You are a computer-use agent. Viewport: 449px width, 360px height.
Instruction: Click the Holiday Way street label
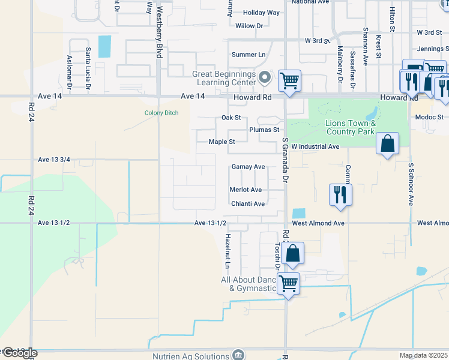[262, 13]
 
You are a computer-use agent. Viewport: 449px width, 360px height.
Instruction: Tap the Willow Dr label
[250, 26]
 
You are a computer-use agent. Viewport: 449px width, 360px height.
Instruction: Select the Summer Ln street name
[249, 55]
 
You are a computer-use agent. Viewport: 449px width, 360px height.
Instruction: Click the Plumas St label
[264, 130]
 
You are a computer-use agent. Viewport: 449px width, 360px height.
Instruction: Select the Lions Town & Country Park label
[350, 127]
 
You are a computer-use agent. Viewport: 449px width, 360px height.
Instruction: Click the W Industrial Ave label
[316, 146]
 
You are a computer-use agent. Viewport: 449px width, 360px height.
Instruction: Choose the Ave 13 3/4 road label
[54, 160]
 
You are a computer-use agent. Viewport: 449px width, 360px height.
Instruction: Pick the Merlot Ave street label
[246, 190]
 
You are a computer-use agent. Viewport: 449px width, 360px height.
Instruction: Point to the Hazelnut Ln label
[228, 251]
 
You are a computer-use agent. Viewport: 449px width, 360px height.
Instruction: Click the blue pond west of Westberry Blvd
[104, 47]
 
